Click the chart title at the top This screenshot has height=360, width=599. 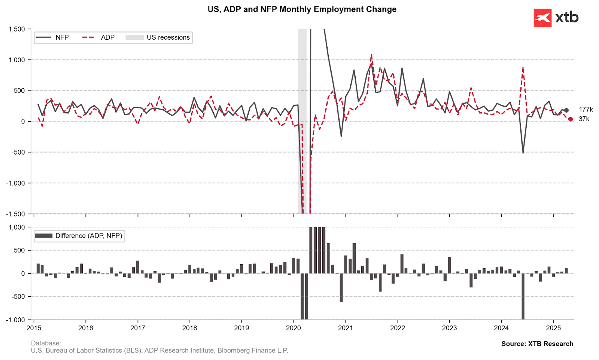coord(302,9)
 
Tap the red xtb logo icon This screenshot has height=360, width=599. coord(542,18)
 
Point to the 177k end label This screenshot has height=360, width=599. coord(586,110)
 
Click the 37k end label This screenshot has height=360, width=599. coord(584,119)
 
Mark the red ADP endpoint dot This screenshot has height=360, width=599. coord(571,119)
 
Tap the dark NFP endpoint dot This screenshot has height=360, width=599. coord(566,110)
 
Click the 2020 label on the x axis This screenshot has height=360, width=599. coord(294,328)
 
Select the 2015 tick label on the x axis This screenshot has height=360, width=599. coord(34,328)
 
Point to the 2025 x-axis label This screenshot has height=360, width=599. coord(553,328)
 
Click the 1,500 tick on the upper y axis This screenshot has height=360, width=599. coord(17,29)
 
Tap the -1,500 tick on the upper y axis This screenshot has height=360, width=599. coord(16,214)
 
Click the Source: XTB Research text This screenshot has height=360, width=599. coord(537,344)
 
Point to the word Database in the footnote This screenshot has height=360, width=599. coord(46,343)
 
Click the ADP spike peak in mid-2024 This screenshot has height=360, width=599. coord(523,68)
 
